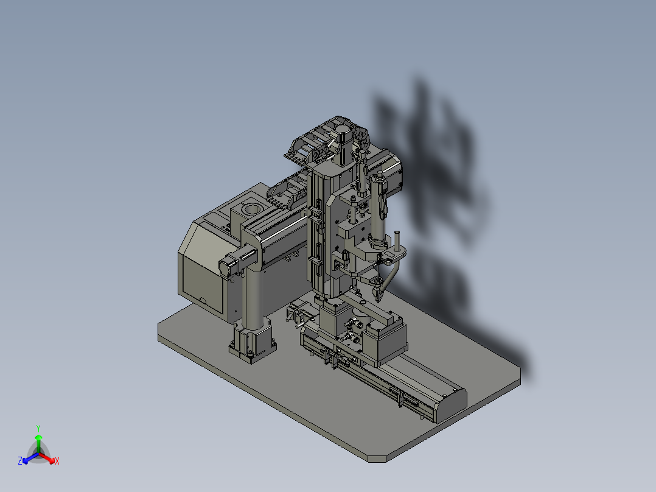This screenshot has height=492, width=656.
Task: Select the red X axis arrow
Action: click(47, 458)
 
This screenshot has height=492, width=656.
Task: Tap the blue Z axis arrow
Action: click(30, 458)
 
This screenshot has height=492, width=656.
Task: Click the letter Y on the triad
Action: click(38, 429)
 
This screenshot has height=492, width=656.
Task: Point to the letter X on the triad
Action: click(57, 461)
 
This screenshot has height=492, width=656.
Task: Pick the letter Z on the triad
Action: click(20, 460)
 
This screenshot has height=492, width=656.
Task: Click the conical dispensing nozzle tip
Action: click(379, 297)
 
